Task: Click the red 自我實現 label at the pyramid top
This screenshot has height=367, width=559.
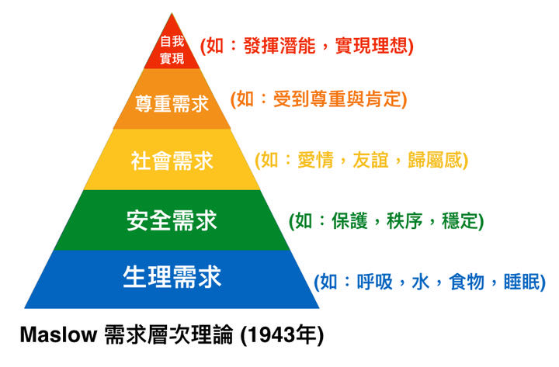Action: (x=172, y=50)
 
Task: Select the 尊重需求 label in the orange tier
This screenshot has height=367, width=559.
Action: (x=172, y=104)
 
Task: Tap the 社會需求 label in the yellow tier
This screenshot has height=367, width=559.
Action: (x=172, y=161)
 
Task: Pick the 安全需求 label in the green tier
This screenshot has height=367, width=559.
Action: (x=172, y=220)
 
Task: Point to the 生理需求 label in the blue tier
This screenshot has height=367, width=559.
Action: (x=172, y=277)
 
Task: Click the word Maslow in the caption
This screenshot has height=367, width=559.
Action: (x=59, y=335)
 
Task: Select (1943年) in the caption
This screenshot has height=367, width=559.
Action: (x=282, y=335)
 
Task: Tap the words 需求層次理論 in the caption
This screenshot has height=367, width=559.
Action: (x=168, y=335)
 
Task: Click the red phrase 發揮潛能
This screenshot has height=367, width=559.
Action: (x=279, y=46)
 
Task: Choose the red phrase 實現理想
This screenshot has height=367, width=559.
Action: (x=371, y=46)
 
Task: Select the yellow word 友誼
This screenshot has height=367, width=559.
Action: (x=371, y=160)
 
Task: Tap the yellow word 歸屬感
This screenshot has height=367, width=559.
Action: (x=435, y=160)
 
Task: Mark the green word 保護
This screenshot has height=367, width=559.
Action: (x=349, y=221)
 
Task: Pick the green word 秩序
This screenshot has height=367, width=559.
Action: (x=404, y=221)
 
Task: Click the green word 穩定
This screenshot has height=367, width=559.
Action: (x=460, y=221)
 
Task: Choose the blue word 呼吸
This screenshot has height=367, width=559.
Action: (x=375, y=282)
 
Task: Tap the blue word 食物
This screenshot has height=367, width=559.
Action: (x=467, y=282)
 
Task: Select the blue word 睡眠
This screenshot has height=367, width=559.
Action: (x=522, y=282)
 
